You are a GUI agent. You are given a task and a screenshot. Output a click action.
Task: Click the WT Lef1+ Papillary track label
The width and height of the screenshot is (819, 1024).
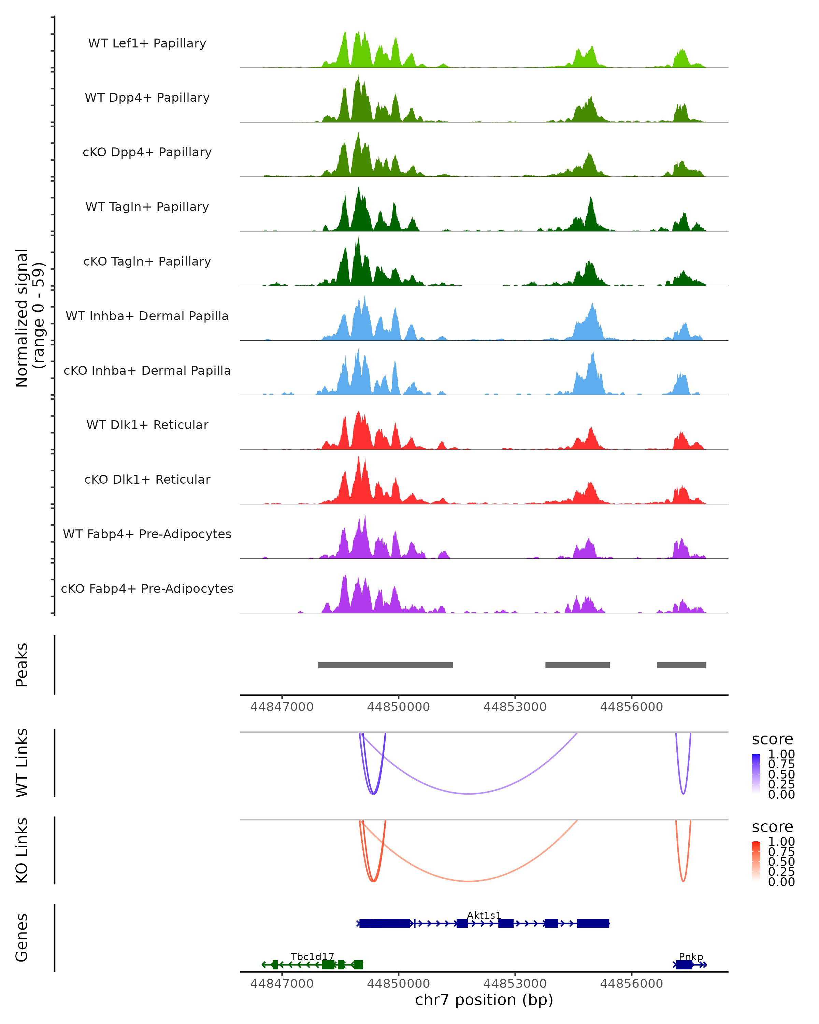147,43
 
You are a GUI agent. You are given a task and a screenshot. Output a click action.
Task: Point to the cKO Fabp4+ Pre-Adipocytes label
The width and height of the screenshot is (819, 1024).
147,589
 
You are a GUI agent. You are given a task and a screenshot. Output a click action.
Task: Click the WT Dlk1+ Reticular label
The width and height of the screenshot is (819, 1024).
147,425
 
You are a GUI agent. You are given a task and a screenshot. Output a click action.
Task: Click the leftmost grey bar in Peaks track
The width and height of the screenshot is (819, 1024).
386,665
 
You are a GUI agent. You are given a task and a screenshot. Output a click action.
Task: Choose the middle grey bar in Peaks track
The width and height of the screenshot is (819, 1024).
577,665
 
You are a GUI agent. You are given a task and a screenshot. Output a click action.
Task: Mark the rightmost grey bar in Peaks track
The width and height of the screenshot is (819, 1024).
682,665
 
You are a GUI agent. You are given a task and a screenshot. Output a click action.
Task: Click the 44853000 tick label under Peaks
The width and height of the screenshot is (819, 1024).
515,707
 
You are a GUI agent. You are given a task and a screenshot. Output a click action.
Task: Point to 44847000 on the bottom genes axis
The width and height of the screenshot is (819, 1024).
282,984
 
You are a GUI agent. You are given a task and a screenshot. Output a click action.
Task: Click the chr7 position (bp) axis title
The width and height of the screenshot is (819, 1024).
484,1000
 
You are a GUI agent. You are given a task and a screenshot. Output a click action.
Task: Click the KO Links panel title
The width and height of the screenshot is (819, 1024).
22,851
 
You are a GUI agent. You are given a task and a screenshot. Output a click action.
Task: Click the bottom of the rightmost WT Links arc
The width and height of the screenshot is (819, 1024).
683,794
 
